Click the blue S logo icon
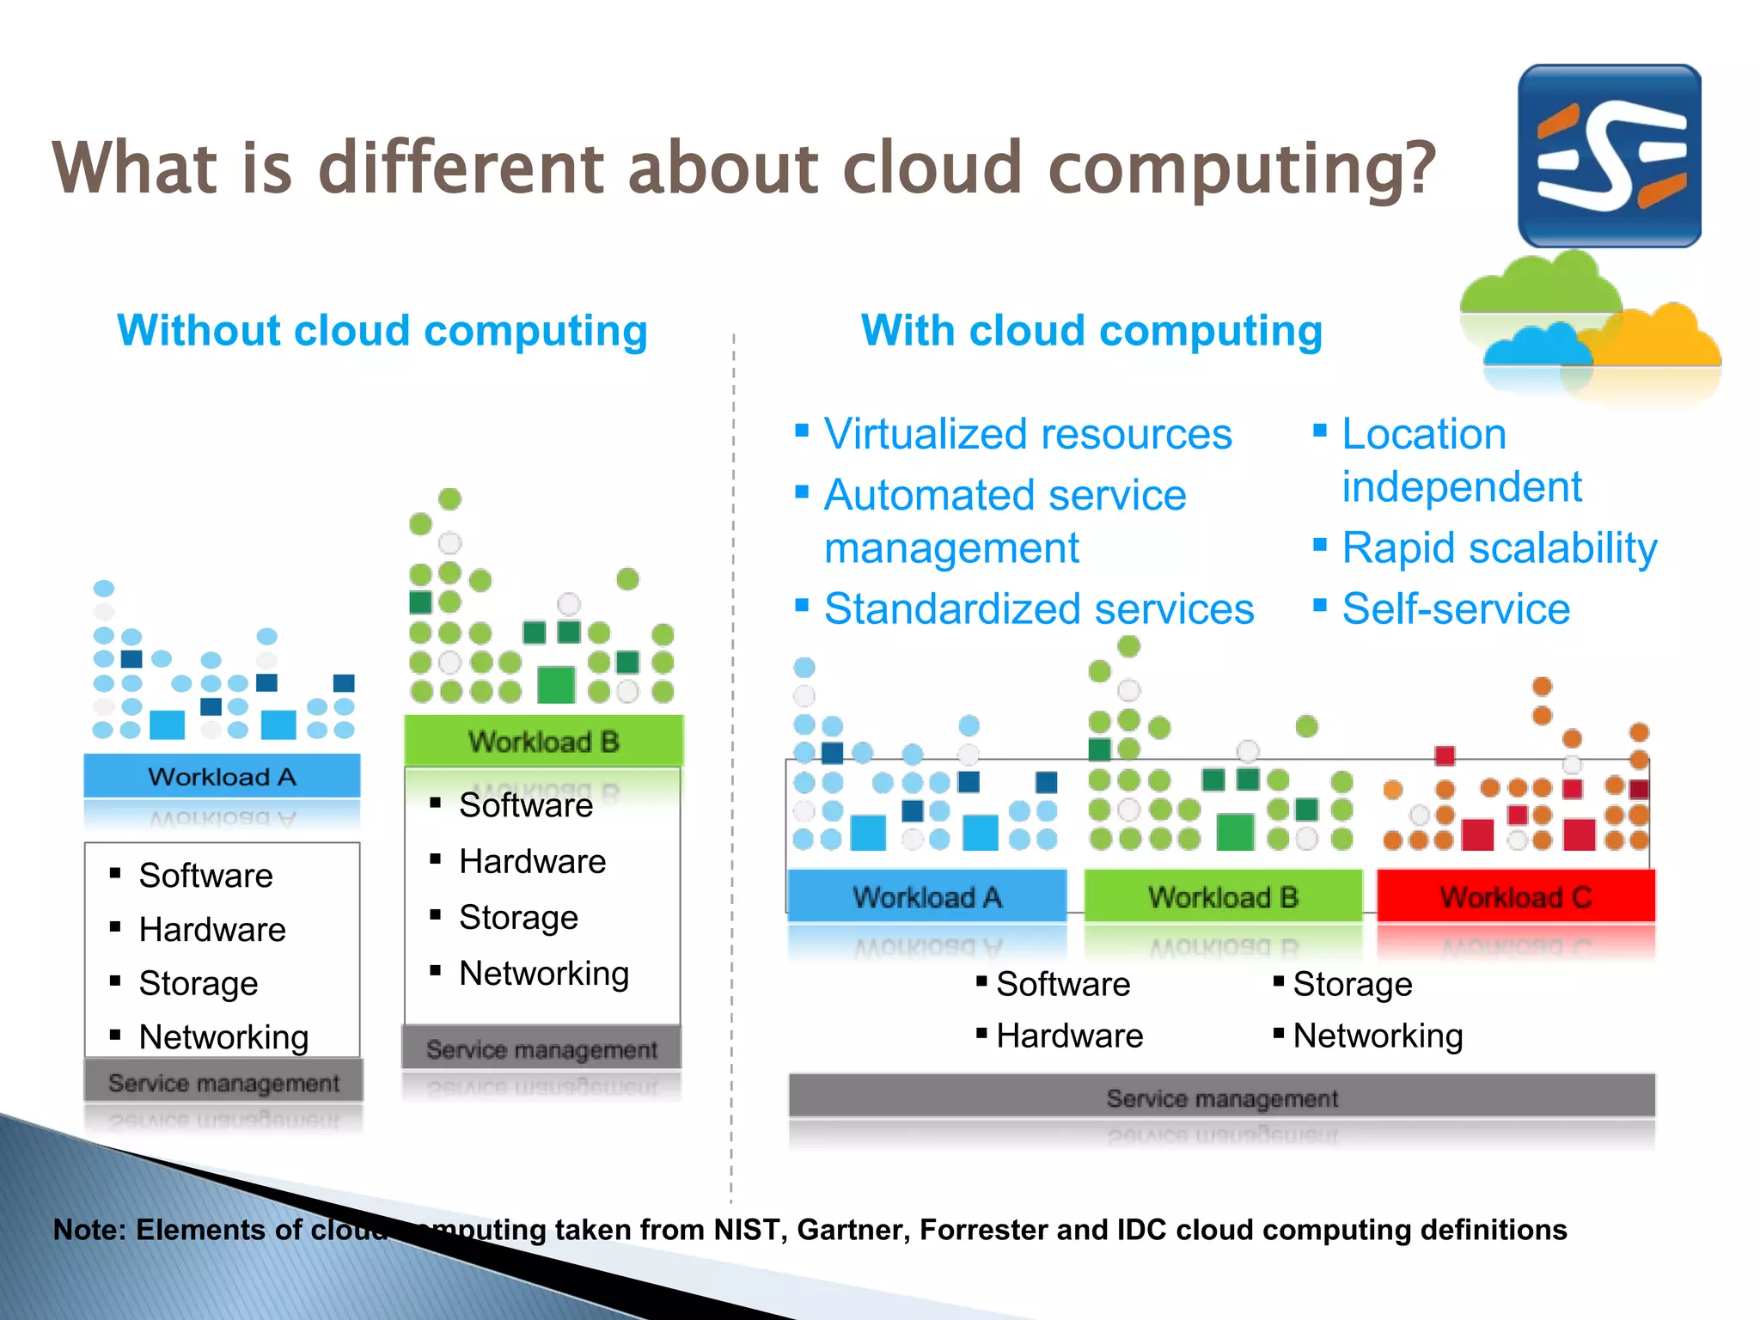(1609, 156)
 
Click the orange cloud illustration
(1659, 339)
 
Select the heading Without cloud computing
(382, 331)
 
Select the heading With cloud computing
(1091, 331)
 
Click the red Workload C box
(1515, 896)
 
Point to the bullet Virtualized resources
(1027, 434)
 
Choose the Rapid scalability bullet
(1499, 548)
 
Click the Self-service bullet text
(1455, 609)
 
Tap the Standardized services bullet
(1038, 609)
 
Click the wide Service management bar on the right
(1221, 1097)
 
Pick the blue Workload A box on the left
(222, 776)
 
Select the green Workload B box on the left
(543, 741)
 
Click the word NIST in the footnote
(749, 1230)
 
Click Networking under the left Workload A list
(223, 1037)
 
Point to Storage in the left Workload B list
(518, 918)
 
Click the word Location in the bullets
(1423, 434)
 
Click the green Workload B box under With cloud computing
(1222, 896)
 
